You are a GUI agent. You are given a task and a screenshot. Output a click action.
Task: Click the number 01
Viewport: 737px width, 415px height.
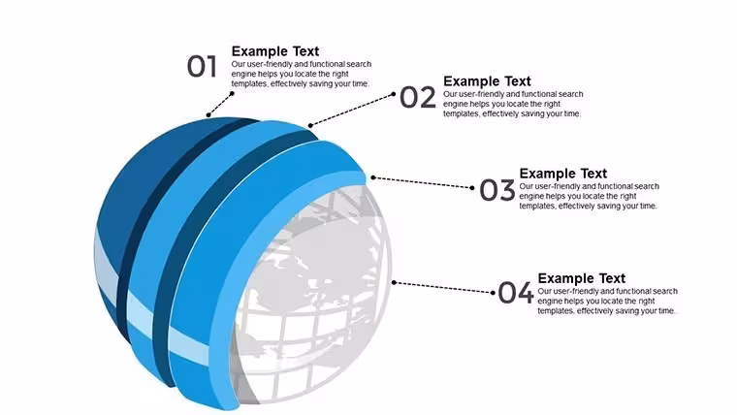click(202, 66)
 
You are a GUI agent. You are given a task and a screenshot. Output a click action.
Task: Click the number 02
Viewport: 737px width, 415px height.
click(417, 97)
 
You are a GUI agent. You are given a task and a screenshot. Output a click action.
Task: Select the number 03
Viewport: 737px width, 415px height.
click(497, 190)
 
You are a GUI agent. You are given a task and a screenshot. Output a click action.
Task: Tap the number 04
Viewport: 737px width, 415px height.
click(516, 292)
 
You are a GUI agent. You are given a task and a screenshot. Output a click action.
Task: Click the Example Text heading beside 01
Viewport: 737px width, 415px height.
click(275, 50)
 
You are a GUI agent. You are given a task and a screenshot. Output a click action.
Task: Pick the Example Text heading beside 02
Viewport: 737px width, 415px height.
click(487, 80)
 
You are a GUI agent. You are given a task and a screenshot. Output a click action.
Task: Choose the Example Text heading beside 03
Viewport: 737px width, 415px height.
click(563, 173)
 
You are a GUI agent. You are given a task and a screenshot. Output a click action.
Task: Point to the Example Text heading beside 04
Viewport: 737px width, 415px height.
click(582, 277)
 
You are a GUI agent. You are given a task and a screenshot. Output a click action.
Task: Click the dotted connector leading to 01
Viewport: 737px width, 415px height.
click(220, 104)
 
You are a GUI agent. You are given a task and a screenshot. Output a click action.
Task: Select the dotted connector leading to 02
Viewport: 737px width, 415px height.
click(352, 110)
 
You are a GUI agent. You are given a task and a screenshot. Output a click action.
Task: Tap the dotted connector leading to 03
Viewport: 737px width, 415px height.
click(423, 182)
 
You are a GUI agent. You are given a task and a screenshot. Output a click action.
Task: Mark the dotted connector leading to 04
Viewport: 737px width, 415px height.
click(443, 287)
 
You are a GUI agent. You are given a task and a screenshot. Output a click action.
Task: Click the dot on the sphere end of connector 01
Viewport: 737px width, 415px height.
click(208, 114)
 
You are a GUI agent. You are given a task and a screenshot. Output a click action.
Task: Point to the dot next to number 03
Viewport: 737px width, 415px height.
click(472, 187)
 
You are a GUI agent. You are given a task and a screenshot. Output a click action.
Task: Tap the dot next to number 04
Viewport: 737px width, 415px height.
click(493, 292)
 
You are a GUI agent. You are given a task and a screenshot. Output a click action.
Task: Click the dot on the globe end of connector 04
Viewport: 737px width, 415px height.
click(394, 282)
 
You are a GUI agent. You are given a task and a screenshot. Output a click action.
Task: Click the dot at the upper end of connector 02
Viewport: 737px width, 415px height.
click(394, 94)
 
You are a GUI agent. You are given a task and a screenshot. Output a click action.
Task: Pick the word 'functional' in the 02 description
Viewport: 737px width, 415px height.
click(528, 93)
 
